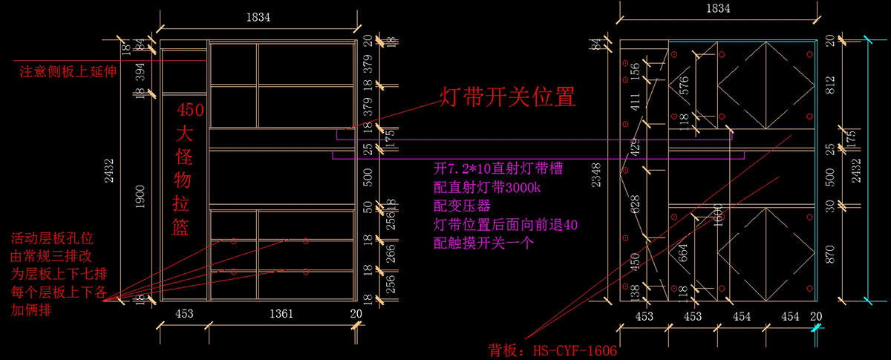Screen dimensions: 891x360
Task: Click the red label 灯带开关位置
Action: point(508,97)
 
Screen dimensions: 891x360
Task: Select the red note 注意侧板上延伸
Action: point(69,72)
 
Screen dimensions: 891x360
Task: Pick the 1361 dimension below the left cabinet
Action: point(282,314)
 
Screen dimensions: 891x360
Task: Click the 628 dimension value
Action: point(636,206)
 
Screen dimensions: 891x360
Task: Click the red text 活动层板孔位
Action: point(53,240)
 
